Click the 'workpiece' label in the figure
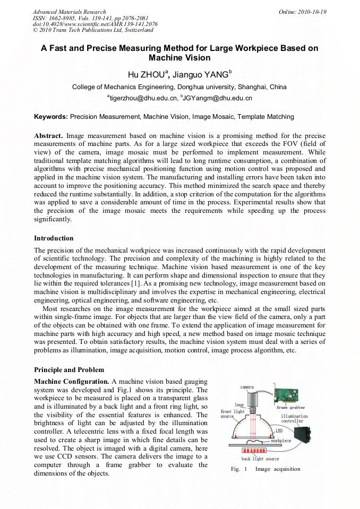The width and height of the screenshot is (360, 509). click(281, 441)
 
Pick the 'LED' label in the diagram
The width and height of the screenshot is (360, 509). click(279, 431)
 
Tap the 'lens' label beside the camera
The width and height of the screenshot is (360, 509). click(239, 404)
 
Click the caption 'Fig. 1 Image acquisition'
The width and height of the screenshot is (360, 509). click(265, 469)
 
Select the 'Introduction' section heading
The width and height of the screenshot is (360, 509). click(54, 238)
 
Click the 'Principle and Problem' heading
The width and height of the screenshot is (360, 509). click(69, 369)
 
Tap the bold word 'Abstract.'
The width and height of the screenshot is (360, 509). click(48, 136)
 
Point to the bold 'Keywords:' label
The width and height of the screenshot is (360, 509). click(51, 116)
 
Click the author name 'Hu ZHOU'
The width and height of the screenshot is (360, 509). click(144, 74)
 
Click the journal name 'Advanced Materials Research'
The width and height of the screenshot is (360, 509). click(69, 12)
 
